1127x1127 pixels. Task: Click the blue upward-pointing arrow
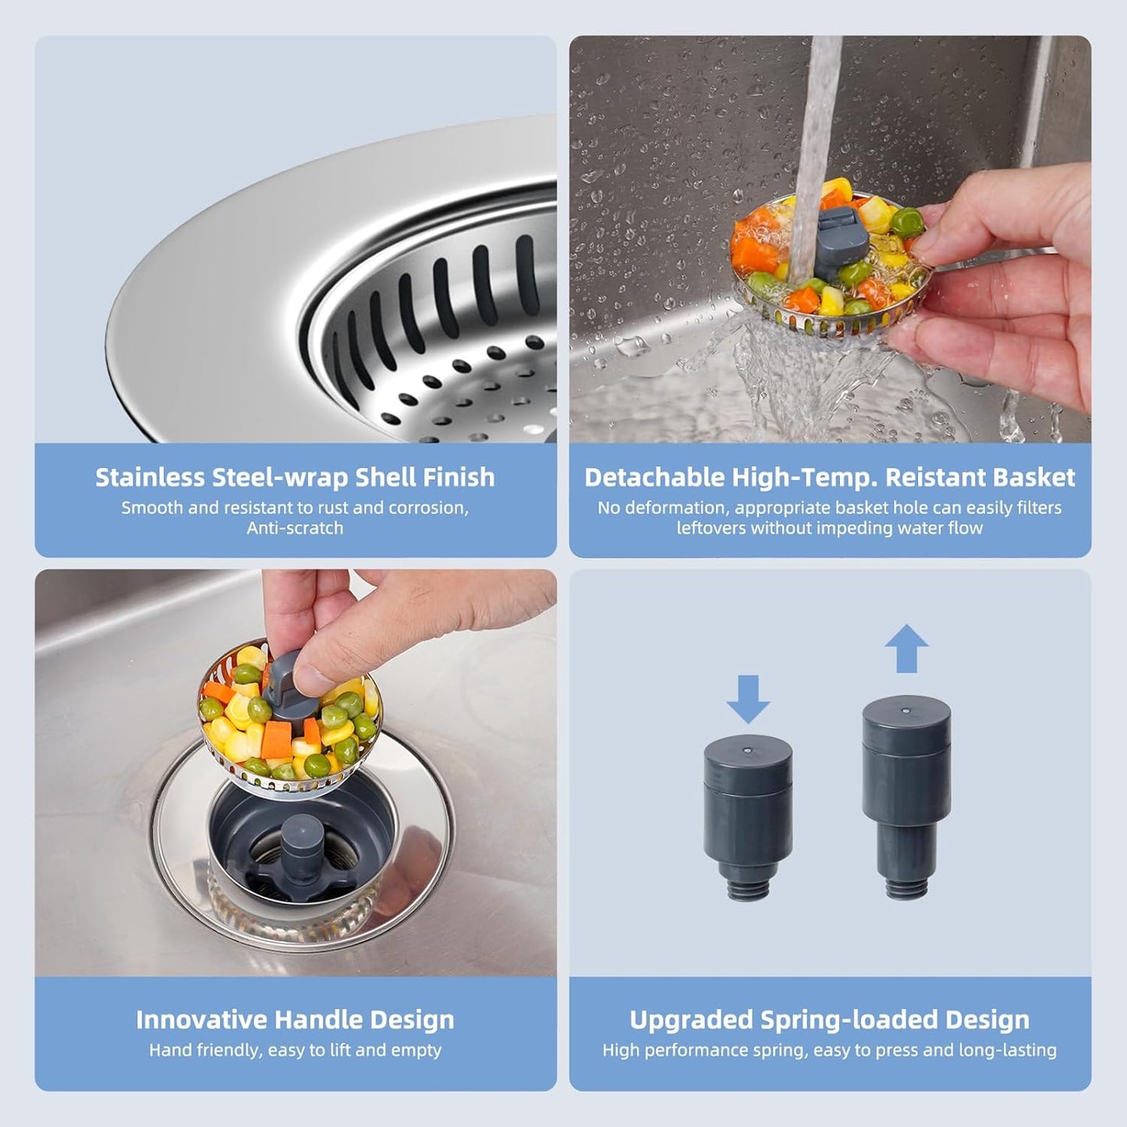[x=906, y=649]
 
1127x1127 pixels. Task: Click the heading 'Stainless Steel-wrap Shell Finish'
[x=295, y=477]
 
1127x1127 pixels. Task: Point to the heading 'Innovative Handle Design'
[x=295, y=1019]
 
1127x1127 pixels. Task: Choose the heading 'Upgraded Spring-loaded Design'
[x=829, y=1019]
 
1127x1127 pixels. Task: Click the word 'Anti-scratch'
[x=295, y=528]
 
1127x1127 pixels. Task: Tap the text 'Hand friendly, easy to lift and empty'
[x=295, y=1050]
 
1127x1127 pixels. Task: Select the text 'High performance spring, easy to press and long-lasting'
[x=829, y=1050]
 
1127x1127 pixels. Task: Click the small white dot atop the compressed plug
[x=747, y=750]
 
